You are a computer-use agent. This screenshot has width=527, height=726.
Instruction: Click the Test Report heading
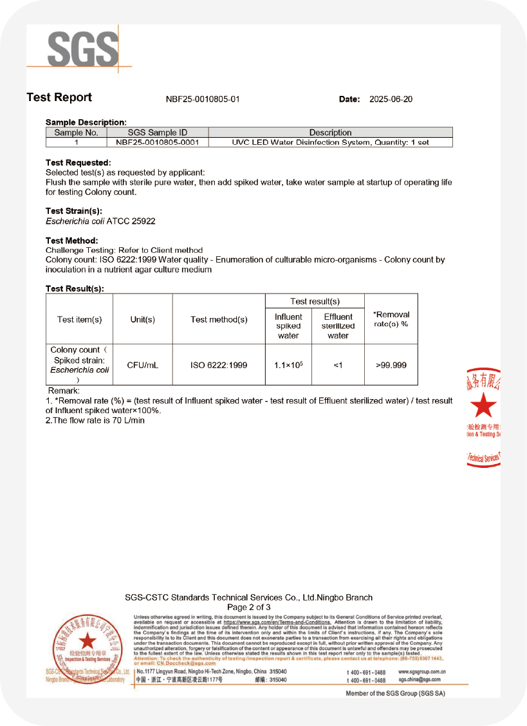pos(59,98)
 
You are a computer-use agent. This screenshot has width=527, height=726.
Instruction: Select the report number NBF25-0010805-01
pos(203,99)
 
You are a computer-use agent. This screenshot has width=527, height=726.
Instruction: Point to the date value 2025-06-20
pos(391,99)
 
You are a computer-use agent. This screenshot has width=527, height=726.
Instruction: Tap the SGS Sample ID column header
pos(158,133)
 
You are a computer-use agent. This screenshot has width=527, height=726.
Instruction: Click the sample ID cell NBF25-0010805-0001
pos(158,142)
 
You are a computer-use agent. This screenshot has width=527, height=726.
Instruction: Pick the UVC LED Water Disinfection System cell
pos(330,142)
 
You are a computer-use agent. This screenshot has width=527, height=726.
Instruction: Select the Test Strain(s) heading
pos(73,211)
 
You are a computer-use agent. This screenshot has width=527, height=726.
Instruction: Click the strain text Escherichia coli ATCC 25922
pos(100,221)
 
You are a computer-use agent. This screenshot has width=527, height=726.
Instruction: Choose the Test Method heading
pos(71,241)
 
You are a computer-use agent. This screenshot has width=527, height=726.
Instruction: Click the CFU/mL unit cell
pos(142,365)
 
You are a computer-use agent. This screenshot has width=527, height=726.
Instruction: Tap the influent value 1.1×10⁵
pos(288,365)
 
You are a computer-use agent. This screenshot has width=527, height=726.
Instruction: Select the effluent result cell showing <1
pos(338,365)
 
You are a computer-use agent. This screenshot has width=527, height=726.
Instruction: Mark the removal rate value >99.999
pos(391,365)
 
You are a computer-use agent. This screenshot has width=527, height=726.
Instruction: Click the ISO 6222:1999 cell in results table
pos(219,365)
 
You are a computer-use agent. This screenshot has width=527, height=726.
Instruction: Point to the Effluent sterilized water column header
pos(338,326)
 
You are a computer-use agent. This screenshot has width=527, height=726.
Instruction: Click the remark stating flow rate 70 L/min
pos(95,420)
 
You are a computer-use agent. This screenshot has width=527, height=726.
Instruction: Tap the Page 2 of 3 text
pos(249,607)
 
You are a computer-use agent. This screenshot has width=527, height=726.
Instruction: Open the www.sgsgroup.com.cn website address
pos(422,672)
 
